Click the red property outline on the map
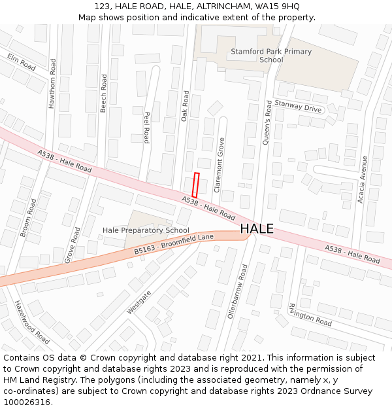(195, 185)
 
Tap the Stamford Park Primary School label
(271, 56)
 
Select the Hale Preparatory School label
(146, 230)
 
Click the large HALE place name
(257, 229)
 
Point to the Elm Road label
(22, 62)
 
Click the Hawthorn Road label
(53, 83)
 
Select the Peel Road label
(146, 126)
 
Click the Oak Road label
(185, 105)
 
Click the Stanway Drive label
(298, 106)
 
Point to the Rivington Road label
(310, 315)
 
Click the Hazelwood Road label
(32, 322)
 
